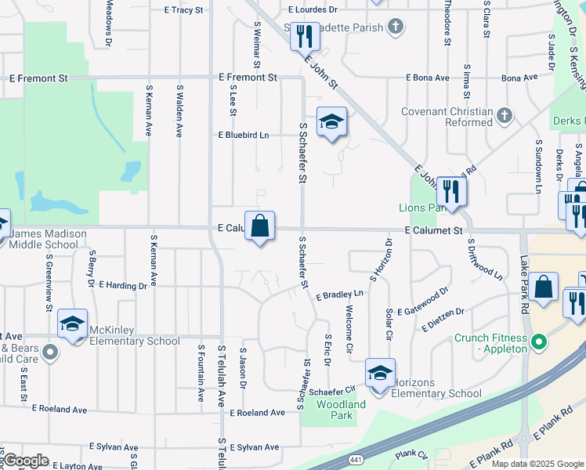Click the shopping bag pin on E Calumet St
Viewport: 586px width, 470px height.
click(x=260, y=226)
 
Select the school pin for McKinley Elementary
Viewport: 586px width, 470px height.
click(x=72, y=324)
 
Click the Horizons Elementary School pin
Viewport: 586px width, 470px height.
click(x=380, y=374)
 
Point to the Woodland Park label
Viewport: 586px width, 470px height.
click(x=341, y=410)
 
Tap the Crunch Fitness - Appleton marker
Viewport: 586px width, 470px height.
click(x=538, y=342)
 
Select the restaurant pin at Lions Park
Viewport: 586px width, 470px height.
click(x=451, y=192)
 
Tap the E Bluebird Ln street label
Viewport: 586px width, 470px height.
click(x=243, y=135)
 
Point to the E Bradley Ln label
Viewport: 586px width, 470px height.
click(x=340, y=295)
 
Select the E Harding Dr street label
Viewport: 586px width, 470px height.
click(x=122, y=286)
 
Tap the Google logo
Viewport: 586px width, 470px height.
click(x=26, y=461)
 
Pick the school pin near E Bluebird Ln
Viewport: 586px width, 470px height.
click(x=332, y=122)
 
